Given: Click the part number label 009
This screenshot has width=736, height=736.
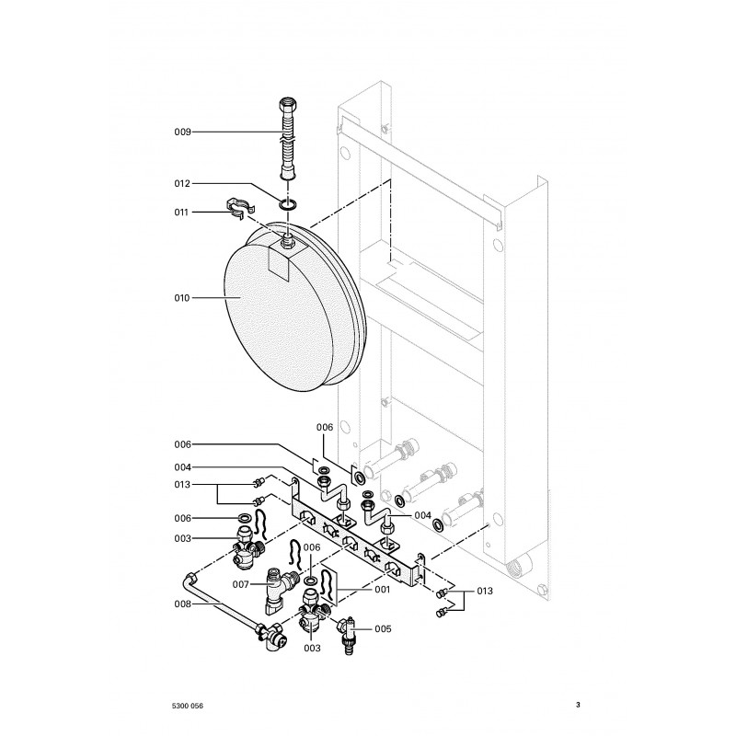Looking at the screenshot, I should [182, 132].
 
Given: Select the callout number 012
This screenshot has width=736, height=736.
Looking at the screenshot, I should [182, 184].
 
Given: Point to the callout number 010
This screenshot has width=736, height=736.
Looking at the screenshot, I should [182, 298].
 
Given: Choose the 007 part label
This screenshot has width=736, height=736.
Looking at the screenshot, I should [240, 584].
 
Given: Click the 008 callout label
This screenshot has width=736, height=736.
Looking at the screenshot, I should [182, 604].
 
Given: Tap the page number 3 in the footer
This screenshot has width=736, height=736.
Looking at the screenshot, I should [578, 706].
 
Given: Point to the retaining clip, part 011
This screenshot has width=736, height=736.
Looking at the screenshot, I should [239, 210].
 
